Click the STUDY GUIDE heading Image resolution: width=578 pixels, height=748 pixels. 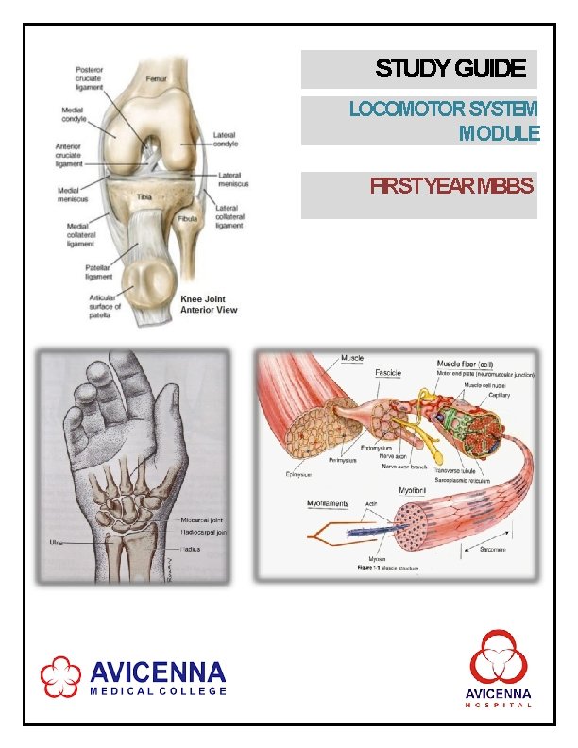(x=450, y=69)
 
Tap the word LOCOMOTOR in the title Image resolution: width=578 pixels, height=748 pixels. (x=393, y=110)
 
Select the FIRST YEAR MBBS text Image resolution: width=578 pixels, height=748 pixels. (x=451, y=186)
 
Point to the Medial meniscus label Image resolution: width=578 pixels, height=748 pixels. (x=74, y=195)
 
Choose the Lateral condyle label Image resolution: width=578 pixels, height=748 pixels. (x=226, y=140)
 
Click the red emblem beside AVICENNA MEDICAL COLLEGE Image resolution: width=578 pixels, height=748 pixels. (x=62, y=677)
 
